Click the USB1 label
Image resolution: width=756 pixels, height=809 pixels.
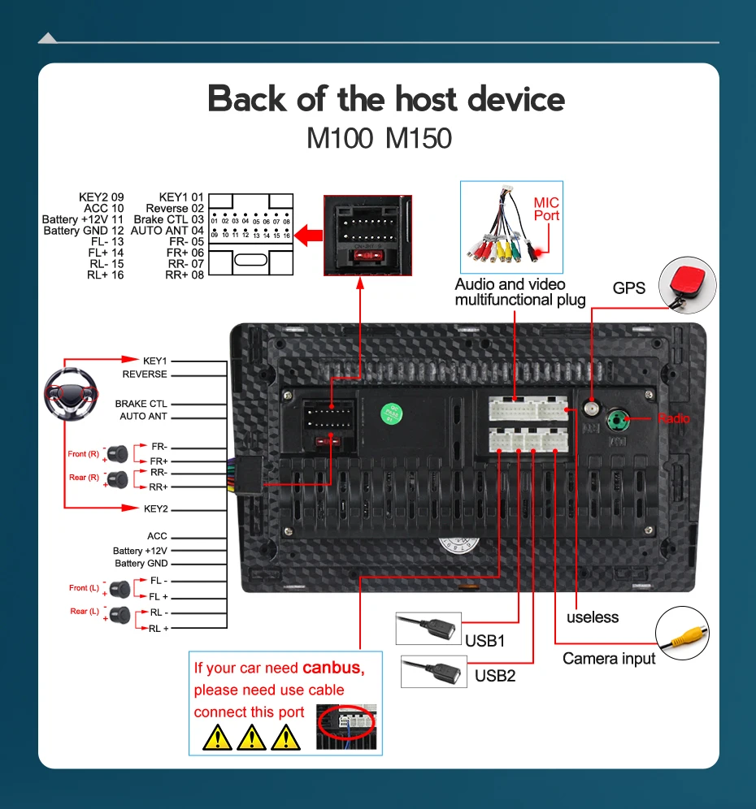[485, 641]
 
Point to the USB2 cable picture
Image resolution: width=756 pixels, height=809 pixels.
[433, 673]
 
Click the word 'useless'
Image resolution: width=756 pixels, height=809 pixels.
[593, 617]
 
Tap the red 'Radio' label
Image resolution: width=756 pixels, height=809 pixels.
[673, 419]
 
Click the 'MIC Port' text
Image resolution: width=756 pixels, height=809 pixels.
[546, 209]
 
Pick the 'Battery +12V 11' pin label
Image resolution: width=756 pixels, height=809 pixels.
[83, 219]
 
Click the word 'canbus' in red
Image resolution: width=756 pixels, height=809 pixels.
[332, 668]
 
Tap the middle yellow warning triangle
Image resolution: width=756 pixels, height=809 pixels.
[252, 737]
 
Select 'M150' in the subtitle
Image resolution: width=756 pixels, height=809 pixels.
[418, 137]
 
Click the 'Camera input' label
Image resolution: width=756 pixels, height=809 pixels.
[609, 659]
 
